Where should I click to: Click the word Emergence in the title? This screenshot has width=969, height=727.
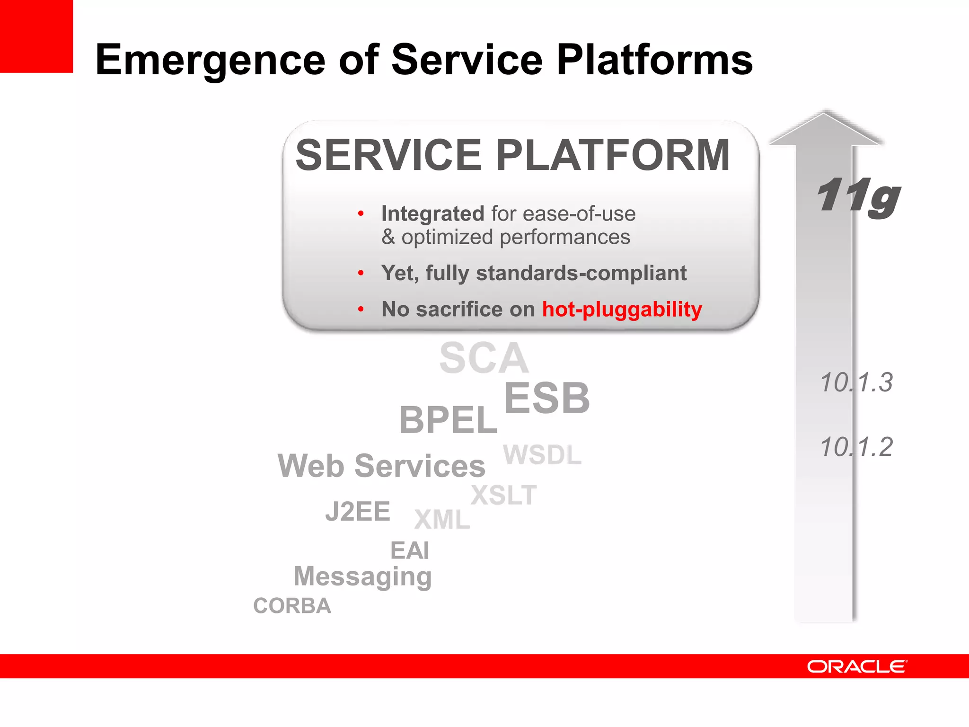(210, 60)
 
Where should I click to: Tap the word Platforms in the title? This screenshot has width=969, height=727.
(654, 60)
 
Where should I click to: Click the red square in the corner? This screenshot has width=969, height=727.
(36, 36)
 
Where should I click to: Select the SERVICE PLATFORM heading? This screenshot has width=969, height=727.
(512, 155)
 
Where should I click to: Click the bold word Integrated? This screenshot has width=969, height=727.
(432, 214)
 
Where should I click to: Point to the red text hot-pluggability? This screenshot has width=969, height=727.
(622, 310)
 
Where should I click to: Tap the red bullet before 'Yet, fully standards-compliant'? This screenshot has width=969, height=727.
(361, 273)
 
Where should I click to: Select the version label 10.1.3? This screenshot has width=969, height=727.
(856, 382)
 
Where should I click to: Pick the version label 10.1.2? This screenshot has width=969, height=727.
(856, 447)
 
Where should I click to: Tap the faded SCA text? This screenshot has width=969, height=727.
(484, 358)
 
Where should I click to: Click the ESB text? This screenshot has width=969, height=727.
(547, 399)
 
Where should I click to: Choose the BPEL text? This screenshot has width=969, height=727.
(448, 420)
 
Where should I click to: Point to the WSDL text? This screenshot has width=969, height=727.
(542, 455)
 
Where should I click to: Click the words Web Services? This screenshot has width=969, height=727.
(381, 466)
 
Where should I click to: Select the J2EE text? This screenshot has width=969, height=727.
(358, 512)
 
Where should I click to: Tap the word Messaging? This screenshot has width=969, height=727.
(362, 576)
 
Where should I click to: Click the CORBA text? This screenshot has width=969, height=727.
(292, 606)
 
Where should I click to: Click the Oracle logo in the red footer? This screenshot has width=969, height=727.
(857, 666)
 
